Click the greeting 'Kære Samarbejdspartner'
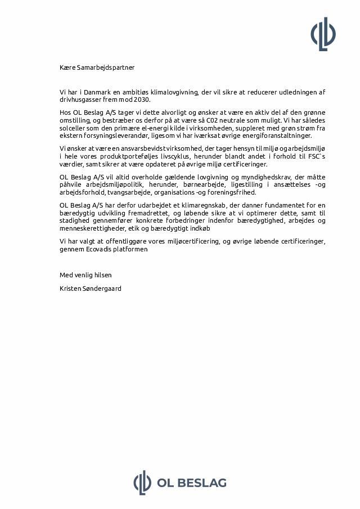[x=97, y=67]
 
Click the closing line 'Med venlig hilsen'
[x=85, y=275]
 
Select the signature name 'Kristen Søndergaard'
[x=91, y=289]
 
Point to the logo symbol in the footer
[x=142, y=483]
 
